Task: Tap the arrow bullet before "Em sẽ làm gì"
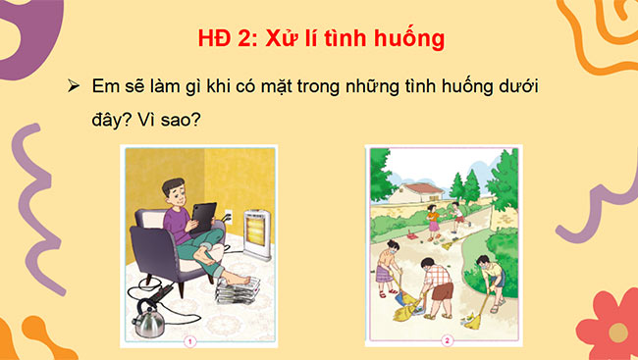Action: click(x=74, y=86)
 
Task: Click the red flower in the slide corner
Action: click(x=609, y=324)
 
